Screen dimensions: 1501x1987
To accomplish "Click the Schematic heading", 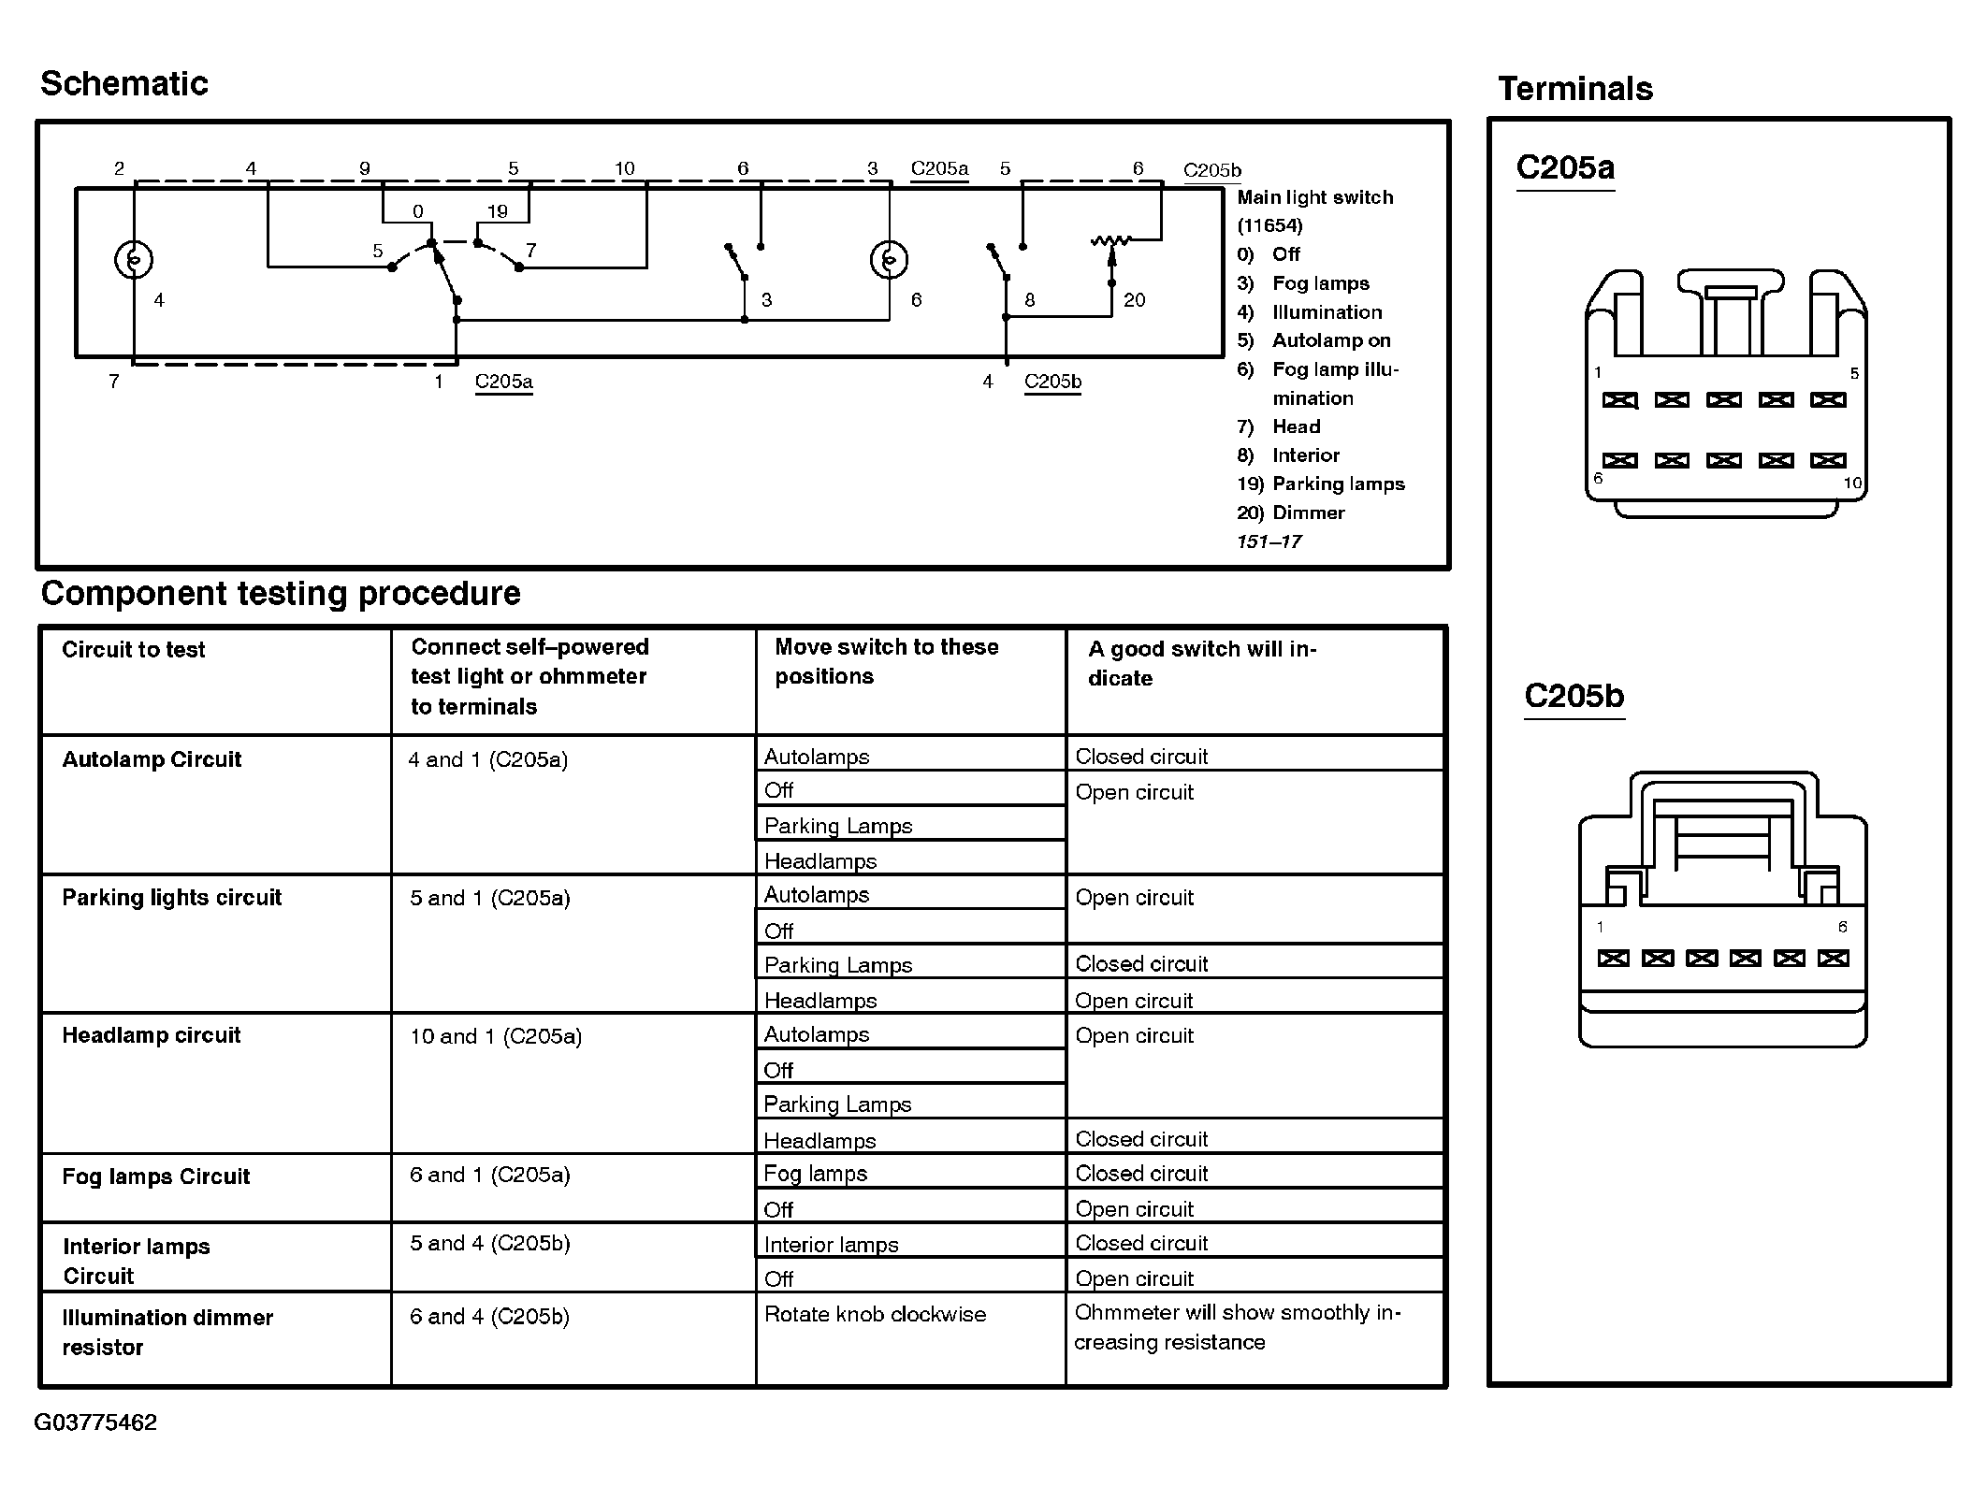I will (x=123, y=84).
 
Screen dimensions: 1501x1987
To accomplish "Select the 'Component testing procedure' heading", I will (x=281, y=594).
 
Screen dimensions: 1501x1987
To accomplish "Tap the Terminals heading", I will (x=1575, y=89).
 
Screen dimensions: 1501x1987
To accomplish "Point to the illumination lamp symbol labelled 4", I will (x=134, y=259).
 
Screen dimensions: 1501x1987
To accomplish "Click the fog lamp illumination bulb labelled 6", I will (x=889, y=259).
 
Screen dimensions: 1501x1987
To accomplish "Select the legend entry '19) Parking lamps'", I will (x=1320, y=484).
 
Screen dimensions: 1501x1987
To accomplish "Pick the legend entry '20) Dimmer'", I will (x=1290, y=512).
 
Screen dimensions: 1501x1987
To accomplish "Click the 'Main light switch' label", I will (x=1314, y=197).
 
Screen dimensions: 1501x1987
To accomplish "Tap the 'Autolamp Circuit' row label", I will (x=152, y=759).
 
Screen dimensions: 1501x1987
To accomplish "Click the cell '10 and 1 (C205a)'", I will (x=496, y=1036).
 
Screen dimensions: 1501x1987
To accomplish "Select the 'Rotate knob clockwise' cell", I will (x=875, y=1314).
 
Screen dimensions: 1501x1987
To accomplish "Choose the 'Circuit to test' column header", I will (x=133, y=650).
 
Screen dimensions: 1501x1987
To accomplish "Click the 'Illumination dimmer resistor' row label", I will (x=167, y=1332).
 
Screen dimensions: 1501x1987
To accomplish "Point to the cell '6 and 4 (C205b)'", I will (x=489, y=1317).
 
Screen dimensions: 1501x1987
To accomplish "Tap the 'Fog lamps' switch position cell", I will (x=816, y=1174).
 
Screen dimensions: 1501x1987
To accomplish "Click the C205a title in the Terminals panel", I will (x=1565, y=167).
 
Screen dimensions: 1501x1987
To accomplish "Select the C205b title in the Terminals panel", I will (x=1574, y=696).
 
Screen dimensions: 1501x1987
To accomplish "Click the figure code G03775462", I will (x=95, y=1422).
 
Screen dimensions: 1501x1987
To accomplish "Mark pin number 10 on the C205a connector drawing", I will (x=1852, y=483).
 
